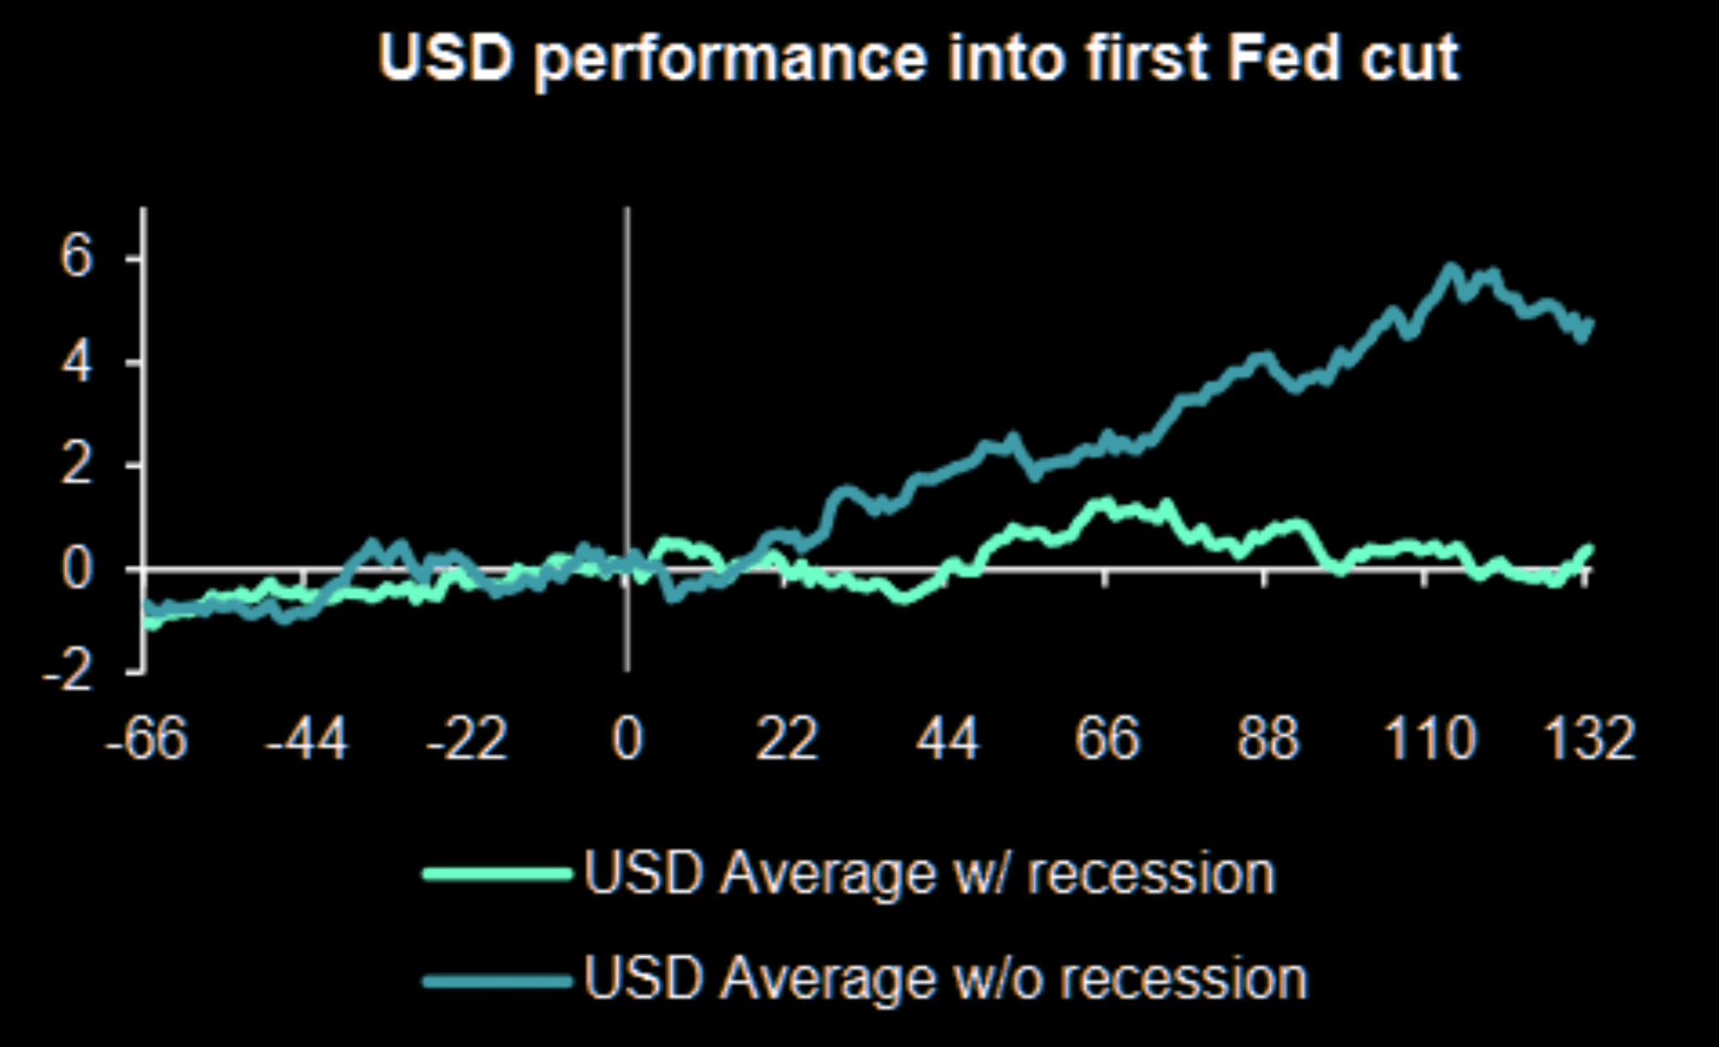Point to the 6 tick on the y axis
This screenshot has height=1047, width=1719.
75,258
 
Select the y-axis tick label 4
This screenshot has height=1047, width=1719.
75,363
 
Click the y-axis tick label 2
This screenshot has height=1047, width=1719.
75,466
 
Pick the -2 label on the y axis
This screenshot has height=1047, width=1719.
65,674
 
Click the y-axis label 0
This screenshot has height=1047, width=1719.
75,570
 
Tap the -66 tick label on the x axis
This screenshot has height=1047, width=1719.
146,740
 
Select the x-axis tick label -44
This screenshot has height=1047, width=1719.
306,740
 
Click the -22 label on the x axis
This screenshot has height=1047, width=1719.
466,740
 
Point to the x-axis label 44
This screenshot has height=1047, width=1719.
947,740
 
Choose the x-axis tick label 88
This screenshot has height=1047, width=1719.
1267,740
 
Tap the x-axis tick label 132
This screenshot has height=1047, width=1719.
1589,740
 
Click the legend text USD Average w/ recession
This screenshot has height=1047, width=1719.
928,873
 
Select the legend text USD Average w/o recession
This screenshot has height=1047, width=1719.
945,978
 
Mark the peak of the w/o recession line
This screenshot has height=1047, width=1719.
1450,269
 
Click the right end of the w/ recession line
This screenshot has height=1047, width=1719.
1588,549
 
